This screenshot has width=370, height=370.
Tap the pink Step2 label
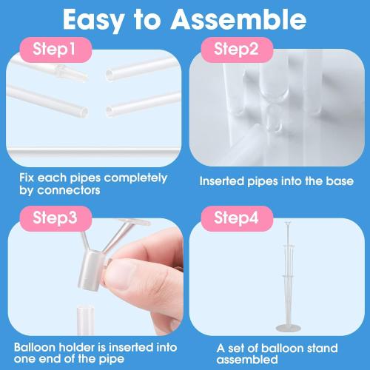(236, 50)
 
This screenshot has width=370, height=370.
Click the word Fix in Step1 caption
(27, 178)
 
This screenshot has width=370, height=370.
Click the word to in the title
(150, 19)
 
